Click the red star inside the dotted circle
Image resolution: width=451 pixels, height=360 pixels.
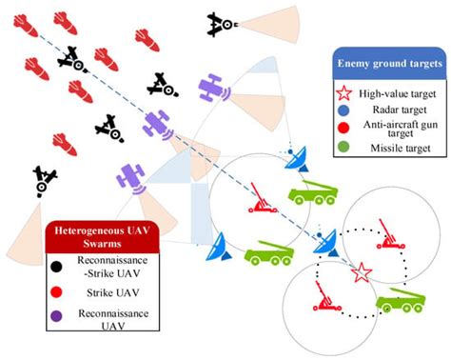pos(361,272)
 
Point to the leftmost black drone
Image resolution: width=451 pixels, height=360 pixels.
pos(44,179)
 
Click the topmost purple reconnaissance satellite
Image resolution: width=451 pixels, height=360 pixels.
pos(214,90)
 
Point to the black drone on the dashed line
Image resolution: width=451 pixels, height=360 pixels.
pos(71,62)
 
